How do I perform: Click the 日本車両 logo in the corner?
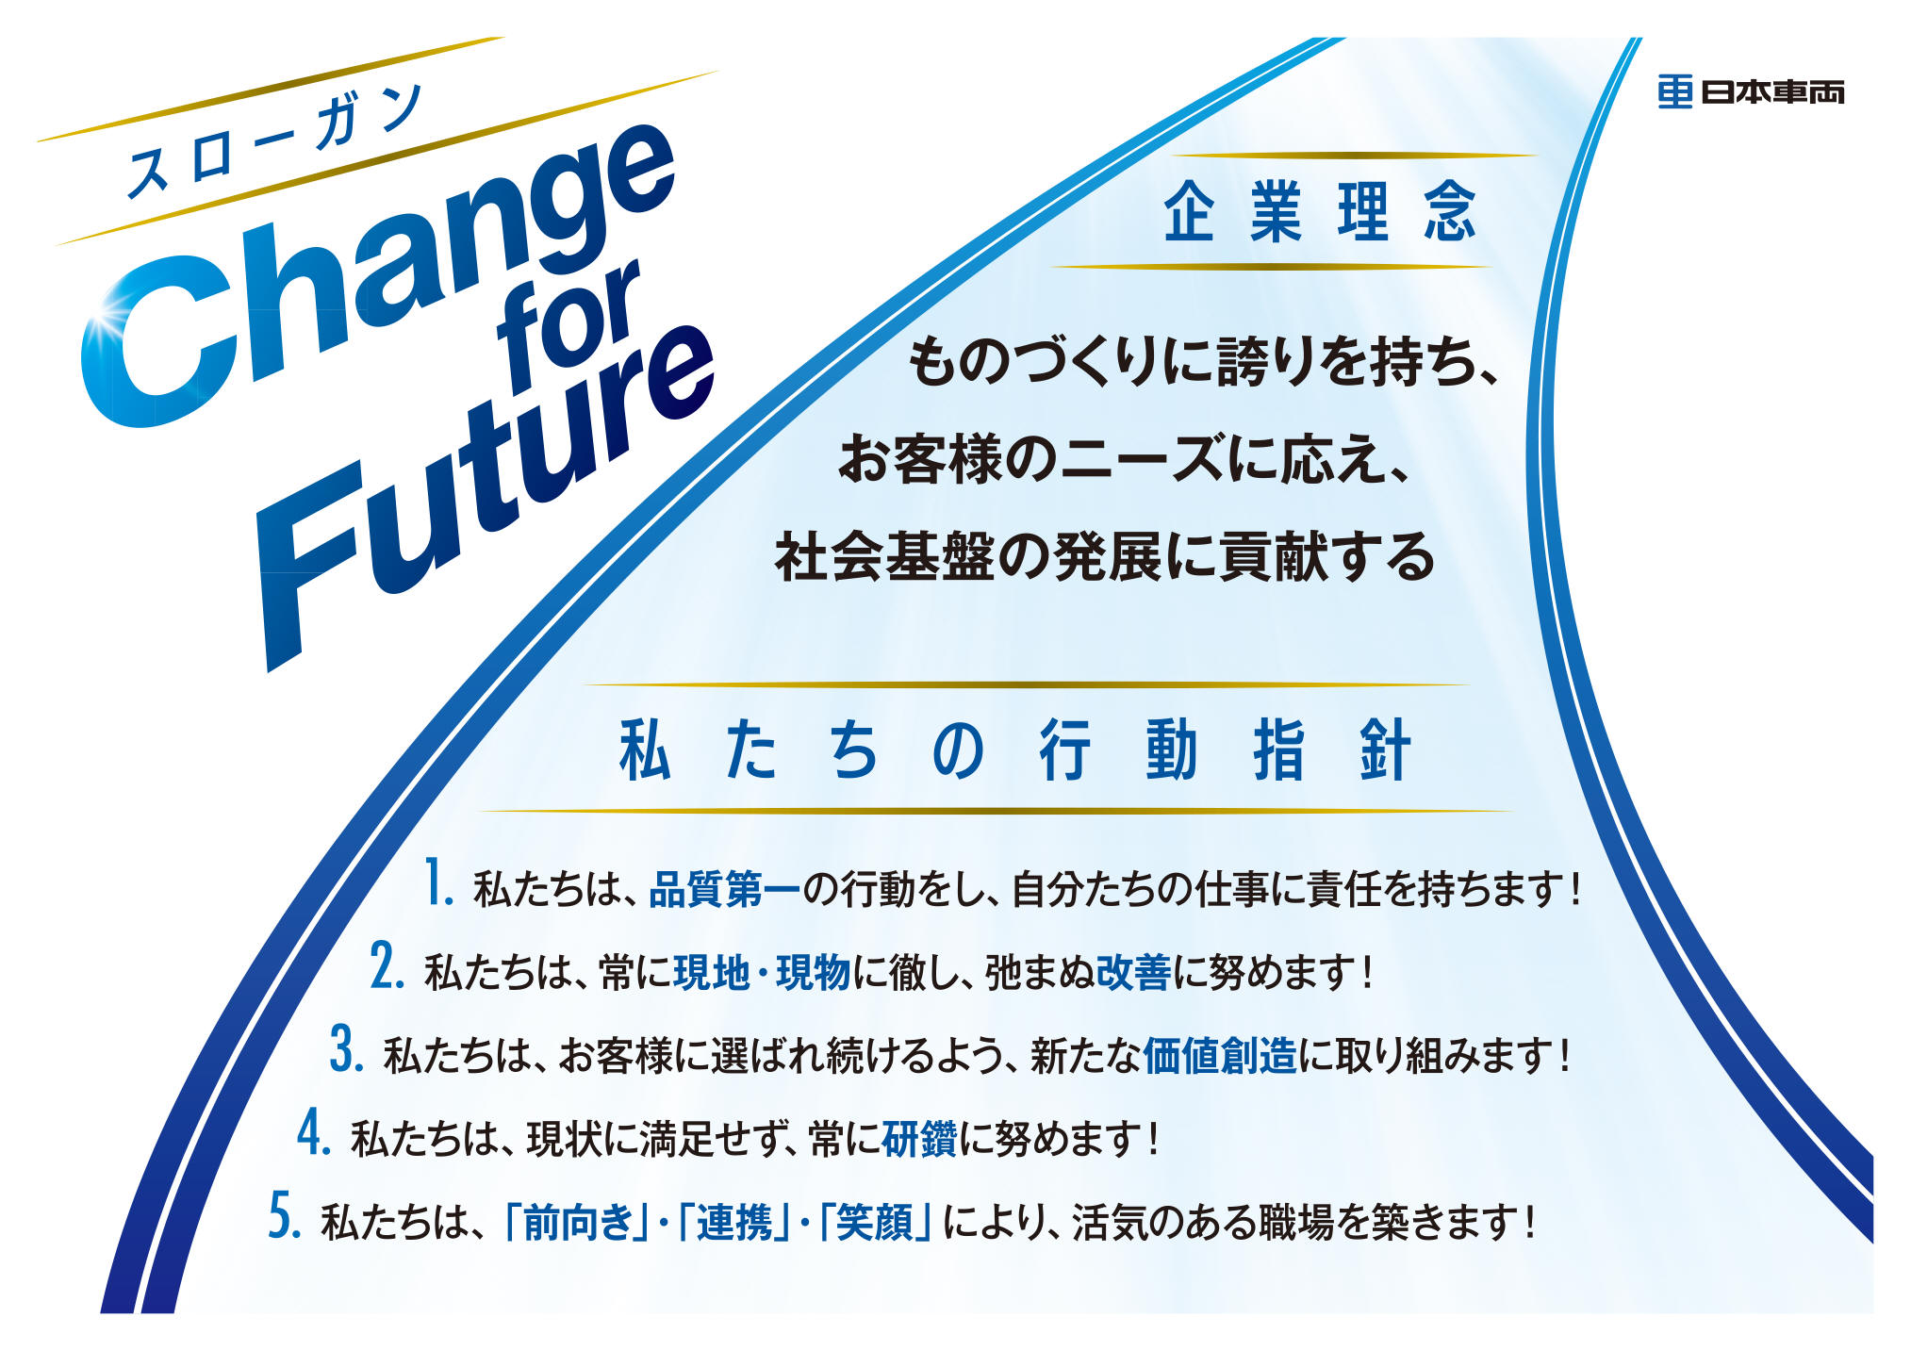(1750, 91)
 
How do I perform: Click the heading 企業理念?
(1319, 211)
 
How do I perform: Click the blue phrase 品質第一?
(724, 889)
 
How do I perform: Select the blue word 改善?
(1133, 972)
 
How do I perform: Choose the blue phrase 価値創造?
(1220, 1055)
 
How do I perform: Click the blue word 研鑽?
(919, 1138)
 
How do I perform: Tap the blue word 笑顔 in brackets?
(874, 1222)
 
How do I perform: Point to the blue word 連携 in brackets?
(734, 1222)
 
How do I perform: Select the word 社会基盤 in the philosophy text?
(883, 556)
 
